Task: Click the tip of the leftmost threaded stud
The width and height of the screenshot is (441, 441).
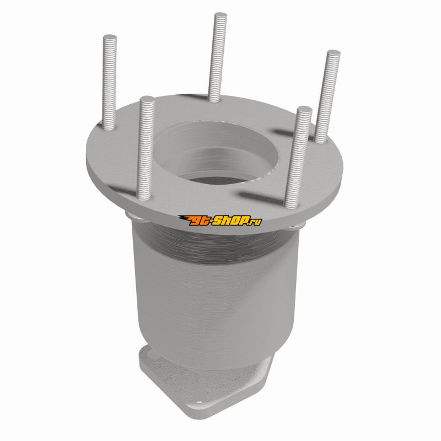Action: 110,36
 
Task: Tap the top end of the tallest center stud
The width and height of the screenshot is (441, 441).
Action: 220,15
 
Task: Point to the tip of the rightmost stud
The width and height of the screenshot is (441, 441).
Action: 334,52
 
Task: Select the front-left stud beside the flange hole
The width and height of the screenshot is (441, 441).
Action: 146,148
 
